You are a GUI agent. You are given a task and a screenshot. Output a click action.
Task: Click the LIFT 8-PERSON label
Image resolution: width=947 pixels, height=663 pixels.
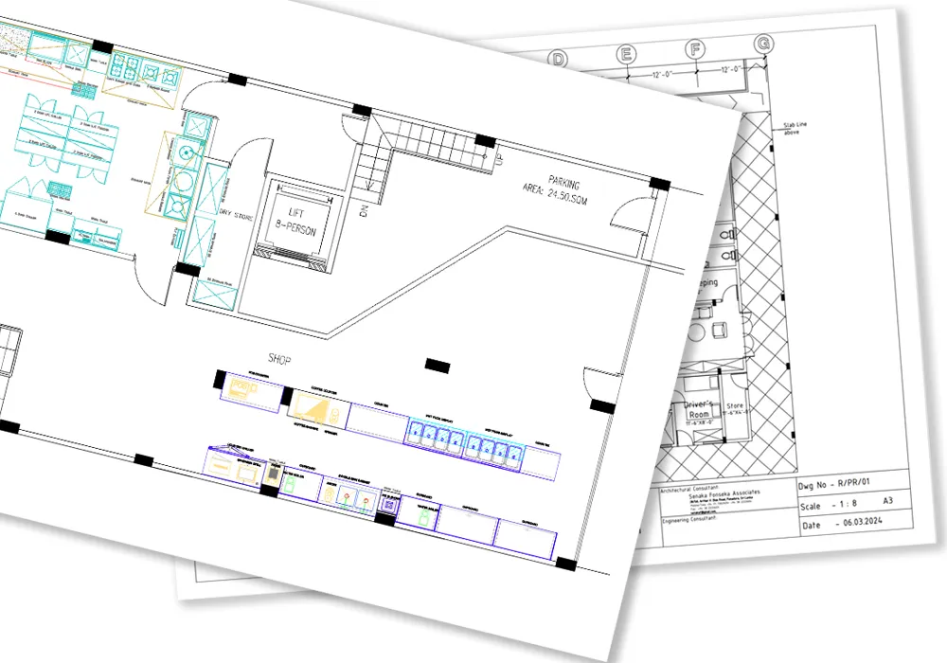(295, 220)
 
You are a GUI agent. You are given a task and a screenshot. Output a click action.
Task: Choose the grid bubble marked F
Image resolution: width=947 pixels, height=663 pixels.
(696, 49)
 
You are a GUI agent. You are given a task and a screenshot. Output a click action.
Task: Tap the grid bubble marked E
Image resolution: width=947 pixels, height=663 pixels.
(626, 54)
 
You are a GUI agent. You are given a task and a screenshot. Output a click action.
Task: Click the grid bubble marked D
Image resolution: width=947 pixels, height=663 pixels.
(560, 60)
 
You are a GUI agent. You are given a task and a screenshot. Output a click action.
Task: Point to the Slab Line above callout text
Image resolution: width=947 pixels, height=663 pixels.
(795, 128)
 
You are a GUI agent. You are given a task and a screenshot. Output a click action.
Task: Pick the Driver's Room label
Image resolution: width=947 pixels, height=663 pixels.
(700, 409)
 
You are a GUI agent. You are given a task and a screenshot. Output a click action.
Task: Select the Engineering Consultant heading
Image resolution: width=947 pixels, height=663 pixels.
(688, 517)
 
